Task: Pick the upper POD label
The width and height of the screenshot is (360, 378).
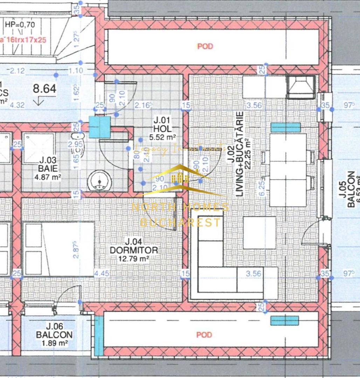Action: click(x=205, y=46)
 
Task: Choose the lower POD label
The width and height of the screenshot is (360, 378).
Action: click(x=204, y=335)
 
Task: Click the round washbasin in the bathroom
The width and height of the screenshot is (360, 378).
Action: click(x=99, y=180)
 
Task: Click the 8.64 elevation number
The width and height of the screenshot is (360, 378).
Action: click(x=44, y=89)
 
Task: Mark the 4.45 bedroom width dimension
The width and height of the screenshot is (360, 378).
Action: click(x=102, y=273)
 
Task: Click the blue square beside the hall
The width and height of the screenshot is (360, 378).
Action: click(x=99, y=127)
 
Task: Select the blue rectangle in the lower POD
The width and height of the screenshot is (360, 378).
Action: click(x=284, y=320)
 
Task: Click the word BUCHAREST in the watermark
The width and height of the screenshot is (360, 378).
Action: click(x=180, y=222)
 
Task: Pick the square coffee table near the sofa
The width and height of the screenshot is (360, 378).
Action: click(x=259, y=233)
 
